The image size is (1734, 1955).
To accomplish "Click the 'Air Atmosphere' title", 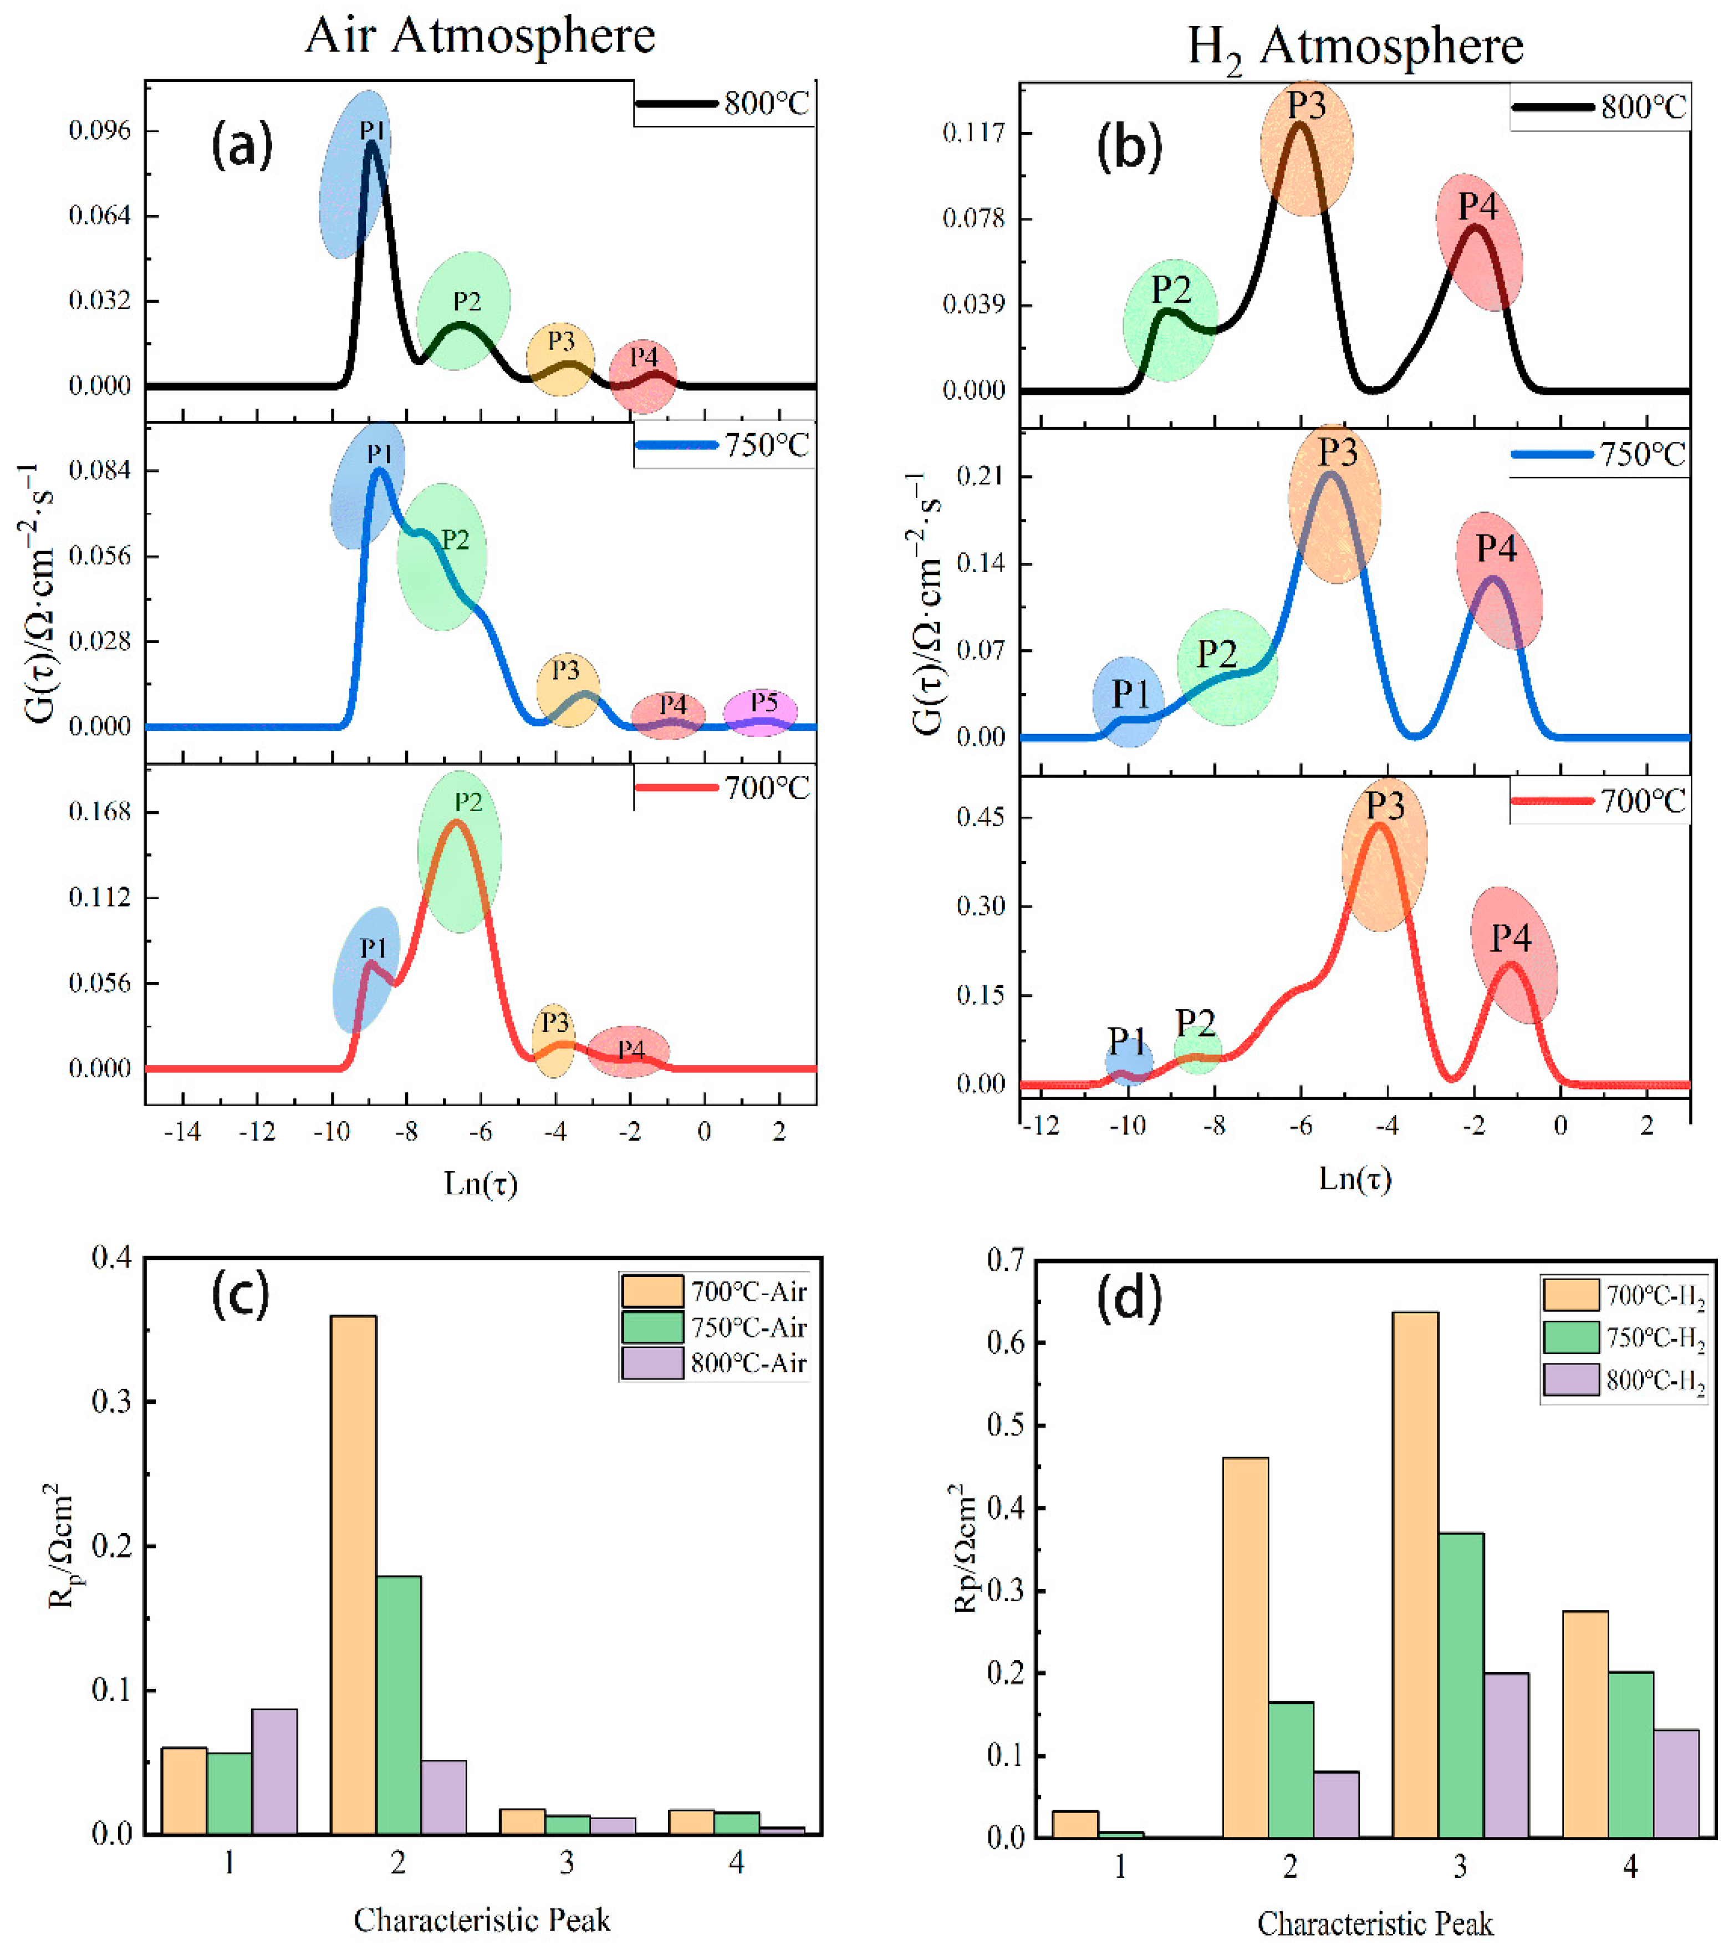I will click(x=480, y=37).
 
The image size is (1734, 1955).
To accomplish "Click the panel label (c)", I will click(x=240, y=1295).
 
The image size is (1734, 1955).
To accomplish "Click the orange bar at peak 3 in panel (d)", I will click(x=1415, y=1574).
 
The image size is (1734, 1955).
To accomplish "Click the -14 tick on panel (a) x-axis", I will click(x=183, y=1132).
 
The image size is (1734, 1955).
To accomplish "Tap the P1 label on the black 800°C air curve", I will click(x=373, y=130).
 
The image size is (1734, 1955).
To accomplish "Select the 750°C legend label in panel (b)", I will click(x=1643, y=454).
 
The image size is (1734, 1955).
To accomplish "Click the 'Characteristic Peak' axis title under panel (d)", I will click(x=1374, y=1922).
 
